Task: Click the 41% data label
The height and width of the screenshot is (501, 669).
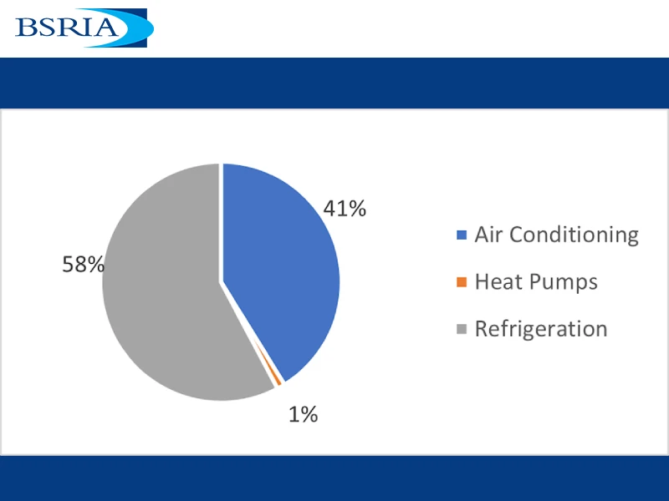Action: pyautogui.click(x=345, y=208)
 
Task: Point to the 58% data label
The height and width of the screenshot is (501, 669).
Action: pyautogui.click(x=83, y=264)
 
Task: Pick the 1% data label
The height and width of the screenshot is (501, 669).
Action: pyautogui.click(x=304, y=414)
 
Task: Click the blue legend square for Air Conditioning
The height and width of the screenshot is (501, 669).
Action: pyautogui.click(x=462, y=235)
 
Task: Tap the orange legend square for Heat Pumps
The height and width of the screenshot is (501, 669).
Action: pyautogui.click(x=462, y=282)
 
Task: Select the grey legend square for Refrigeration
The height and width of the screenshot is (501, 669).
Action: pyautogui.click(x=462, y=329)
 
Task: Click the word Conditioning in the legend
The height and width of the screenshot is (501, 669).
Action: pyautogui.click(x=574, y=235)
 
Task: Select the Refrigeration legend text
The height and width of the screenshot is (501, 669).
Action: pyautogui.click(x=541, y=329)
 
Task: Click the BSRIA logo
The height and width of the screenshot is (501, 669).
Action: pyautogui.click(x=84, y=28)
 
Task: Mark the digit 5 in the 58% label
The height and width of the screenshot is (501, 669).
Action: pyautogui.click(x=69, y=264)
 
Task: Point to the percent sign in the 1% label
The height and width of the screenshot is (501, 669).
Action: pyautogui.click(x=309, y=414)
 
